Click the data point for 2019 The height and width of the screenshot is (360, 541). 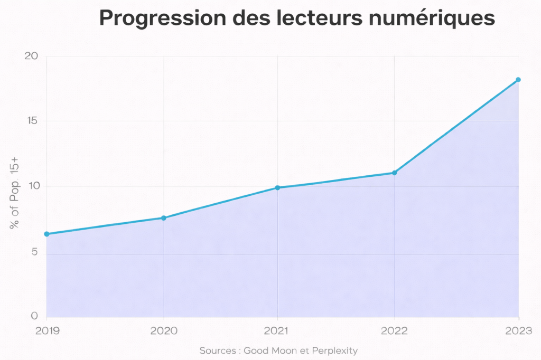pos(46,234)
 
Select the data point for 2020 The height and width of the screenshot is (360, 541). pos(164,218)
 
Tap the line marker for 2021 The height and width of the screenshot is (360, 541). pos(277,187)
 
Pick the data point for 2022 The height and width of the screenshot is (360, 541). pos(394,173)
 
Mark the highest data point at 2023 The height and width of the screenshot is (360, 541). pos(518,80)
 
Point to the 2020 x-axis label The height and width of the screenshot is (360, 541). pos(164,331)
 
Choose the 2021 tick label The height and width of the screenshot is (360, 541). pos(277,331)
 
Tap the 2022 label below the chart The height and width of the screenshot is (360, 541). pos(394,331)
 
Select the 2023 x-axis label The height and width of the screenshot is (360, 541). pos(518,331)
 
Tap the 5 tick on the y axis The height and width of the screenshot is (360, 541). pos(35,252)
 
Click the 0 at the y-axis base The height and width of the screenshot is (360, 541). pos(34,316)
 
